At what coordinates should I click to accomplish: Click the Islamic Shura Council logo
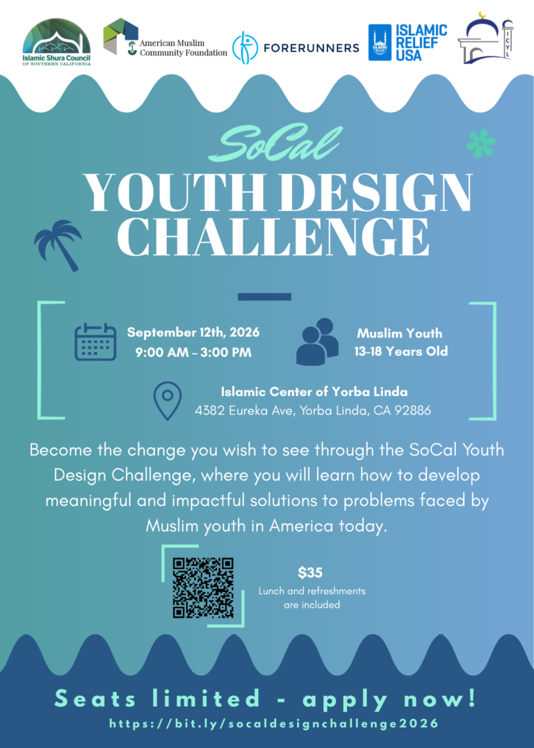[x=56, y=42]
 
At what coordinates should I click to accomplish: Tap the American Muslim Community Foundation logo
[x=165, y=38]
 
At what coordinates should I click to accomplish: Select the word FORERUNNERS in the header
[x=311, y=48]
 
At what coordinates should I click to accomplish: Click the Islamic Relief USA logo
[x=407, y=42]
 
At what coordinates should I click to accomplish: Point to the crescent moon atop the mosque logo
[x=483, y=15]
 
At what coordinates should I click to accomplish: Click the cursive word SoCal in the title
[x=275, y=143]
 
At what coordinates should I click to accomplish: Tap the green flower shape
[x=480, y=144]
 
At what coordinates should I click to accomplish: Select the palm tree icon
[x=58, y=245]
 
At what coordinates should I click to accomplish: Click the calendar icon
[x=95, y=342]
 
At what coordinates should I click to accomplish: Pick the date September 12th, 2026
[x=193, y=332]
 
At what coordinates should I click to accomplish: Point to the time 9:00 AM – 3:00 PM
[x=193, y=353]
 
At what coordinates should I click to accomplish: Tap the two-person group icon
[x=318, y=342]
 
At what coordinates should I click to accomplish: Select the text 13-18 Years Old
[x=400, y=351]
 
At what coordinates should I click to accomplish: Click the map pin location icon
[x=168, y=401]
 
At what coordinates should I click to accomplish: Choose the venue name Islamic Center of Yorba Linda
[x=314, y=392]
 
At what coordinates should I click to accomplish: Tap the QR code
[x=203, y=588]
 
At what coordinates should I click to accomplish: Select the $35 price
[x=310, y=572]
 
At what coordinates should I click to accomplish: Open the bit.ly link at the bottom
[x=274, y=724]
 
